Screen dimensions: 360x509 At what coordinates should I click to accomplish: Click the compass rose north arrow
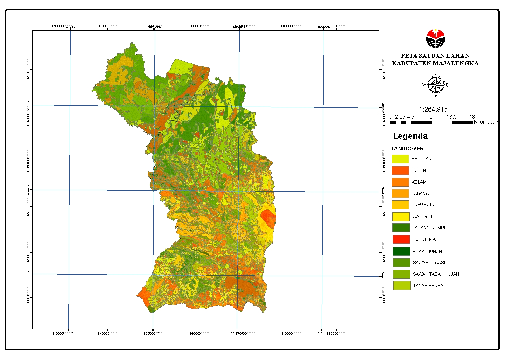tap(436, 85)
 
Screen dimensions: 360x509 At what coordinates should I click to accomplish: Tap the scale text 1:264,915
tap(433, 109)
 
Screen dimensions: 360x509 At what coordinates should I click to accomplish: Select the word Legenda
tap(410, 136)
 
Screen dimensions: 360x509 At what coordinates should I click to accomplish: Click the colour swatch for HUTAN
tap(400, 170)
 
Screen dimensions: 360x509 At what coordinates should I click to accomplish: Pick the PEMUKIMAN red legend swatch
tap(401, 239)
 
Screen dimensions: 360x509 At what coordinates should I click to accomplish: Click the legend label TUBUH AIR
tap(423, 205)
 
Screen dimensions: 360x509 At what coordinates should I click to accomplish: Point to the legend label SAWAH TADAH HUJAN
tap(436, 274)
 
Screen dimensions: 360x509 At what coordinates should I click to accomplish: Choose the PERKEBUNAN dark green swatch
tap(401, 251)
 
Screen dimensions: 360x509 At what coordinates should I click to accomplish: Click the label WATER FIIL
tap(424, 216)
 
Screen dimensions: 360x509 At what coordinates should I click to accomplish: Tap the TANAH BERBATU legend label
tap(430, 286)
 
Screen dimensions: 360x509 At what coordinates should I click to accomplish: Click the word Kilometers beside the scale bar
tap(486, 122)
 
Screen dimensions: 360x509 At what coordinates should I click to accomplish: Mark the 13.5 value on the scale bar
tap(452, 117)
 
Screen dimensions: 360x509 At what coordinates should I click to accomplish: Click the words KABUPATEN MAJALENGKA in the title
tap(435, 63)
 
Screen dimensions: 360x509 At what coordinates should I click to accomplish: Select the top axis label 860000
tap(195, 26)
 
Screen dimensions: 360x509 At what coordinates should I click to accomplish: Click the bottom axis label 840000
tap(104, 333)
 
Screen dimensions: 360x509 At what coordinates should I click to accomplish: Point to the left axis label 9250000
tap(28, 164)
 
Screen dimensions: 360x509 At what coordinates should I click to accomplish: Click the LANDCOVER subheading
tap(407, 148)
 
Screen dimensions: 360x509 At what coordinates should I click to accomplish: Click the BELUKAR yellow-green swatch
tap(400, 159)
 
